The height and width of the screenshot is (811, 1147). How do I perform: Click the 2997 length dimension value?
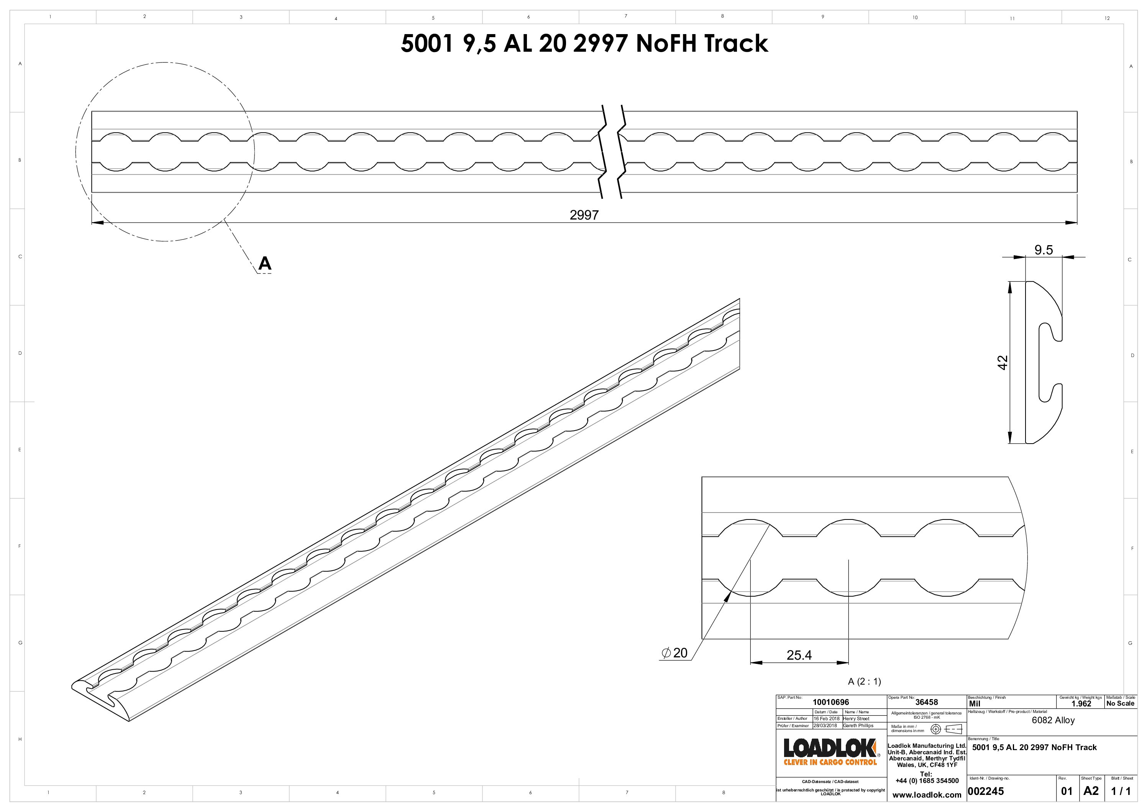pyautogui.click(x=584, y=215)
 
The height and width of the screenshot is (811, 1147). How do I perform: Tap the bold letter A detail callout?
pyautogui.click(x=264, y=263)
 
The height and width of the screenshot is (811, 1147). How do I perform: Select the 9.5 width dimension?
pyautogui.click(x=1043, y=250)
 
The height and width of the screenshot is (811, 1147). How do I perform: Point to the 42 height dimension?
pyautogui.click(x=1002, y=362)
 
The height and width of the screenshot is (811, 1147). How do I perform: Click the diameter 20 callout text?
pyautogui.click(x=674, y=653)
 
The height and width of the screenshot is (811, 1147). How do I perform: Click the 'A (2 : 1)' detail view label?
pyautogui.click(x=864, y=681)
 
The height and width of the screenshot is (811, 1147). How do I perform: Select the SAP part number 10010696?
pyautogui.click(x=830, y=702)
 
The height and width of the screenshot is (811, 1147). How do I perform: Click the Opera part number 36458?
pyautogui.click(x=926, y=702)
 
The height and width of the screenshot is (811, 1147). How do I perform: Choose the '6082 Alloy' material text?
pyautogui.click(x=1053, y=720)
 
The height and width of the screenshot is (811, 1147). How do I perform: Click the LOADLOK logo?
pyautogui.click(x=830, y=751)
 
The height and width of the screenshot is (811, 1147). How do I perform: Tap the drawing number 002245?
pyautogui.click(x=985, y=791)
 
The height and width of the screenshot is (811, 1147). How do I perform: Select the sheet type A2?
pyautogui.click(x=1091, y=791)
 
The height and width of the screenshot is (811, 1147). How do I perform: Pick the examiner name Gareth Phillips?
pyautogui.click(x=858, y=726)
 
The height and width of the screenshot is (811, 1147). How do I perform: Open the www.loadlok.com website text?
pyautogui.click(x=926, y=795)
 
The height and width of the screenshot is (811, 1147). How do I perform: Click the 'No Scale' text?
pyautogui.click(x=1120, y=704)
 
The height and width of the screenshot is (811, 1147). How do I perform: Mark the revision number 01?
pyautogui.click(x=1067, y=791)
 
